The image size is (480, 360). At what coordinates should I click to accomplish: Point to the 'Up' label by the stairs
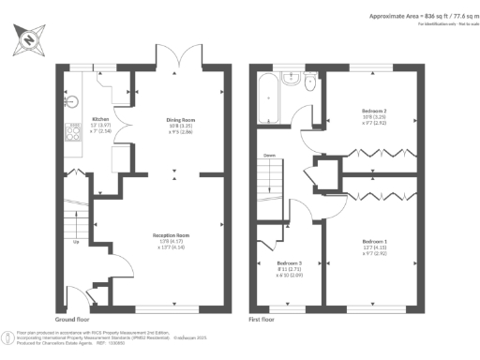74,241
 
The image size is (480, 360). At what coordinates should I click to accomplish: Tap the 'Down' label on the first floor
269,155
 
